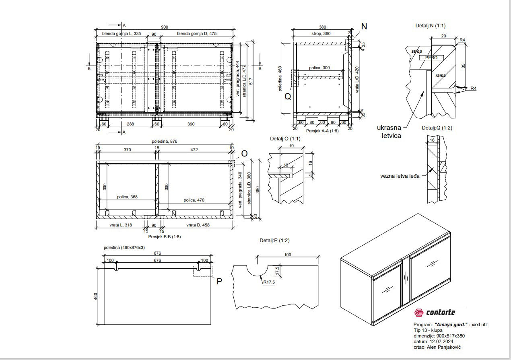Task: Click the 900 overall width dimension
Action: tap(164, 27)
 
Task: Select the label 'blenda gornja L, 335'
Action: tap(122, 34)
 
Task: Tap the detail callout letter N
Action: tap(364, 27)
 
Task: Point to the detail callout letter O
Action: tap(244, 154)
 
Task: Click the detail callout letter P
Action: tap(219, 282)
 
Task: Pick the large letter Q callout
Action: tap(287, 96)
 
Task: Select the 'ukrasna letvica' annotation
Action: tap(389, 132)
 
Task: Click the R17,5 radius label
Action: tap(269, 282)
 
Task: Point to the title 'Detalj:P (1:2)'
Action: tap(275, 240)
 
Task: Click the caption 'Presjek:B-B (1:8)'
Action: tap(165, 237)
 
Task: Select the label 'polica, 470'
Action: tap(195, 200)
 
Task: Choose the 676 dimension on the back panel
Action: tap(157, 260)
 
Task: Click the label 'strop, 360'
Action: tap(321, 34)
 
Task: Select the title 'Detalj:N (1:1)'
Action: tap(431, 25)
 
